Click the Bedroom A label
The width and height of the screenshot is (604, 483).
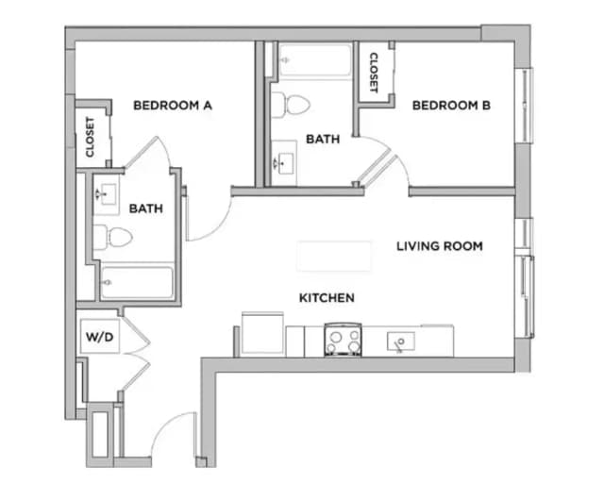click(x=172, y=106)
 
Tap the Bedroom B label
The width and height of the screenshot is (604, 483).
click(x=451, y=106)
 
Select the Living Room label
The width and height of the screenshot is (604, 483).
click(x=439, y=246)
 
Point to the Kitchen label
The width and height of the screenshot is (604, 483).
click(x=327, y=298)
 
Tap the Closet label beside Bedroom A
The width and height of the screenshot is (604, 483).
click(x=91, y=137)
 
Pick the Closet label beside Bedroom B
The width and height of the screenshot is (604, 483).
click(x=373, y=72)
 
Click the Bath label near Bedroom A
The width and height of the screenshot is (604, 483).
click(x=146, y=208)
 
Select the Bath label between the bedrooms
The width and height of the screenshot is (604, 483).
click(x=323, y=139)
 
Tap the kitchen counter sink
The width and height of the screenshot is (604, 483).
click(x=401, y=341)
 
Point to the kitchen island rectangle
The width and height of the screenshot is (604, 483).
click(x=334, y=256)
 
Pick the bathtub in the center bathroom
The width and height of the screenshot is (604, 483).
click(x=314, y=60)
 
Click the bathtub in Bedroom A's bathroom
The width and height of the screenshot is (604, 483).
click(x=137, y=282)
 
